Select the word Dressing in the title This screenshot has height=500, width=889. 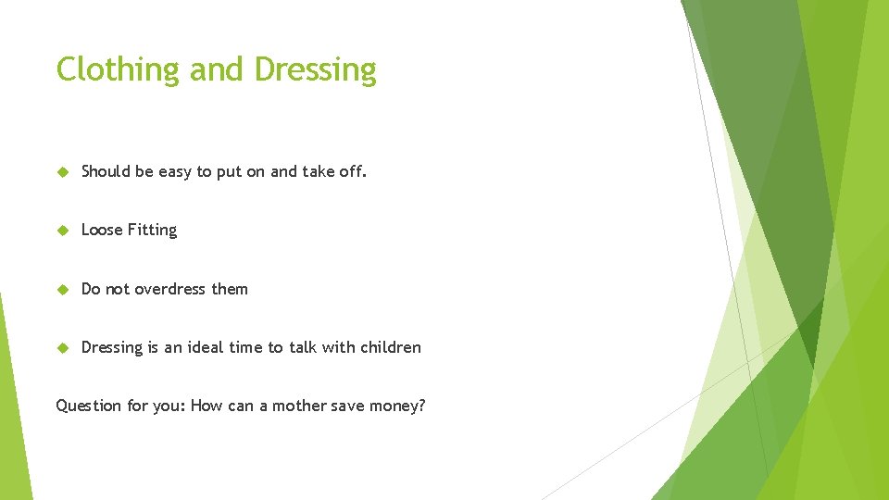[x=315, y=70]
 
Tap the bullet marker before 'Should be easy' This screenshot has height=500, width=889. [x=63, y=171]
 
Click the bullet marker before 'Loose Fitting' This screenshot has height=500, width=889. [x=63, y=231]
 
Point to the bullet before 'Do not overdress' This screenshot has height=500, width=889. [x=63, y=289]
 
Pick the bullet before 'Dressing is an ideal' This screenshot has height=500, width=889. [x=63, y=348]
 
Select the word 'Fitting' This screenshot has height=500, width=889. [x=153, y=230]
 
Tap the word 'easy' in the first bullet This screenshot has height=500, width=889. [x=175, y=171]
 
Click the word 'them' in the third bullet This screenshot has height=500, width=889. [x=230, y=289]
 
